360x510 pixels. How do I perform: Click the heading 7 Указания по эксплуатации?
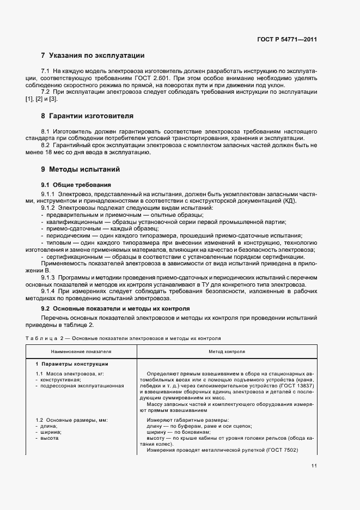tap(93, 56)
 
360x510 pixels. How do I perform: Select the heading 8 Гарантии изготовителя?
tap(87, 116)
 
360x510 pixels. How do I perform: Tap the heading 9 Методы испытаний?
tap(80, 169)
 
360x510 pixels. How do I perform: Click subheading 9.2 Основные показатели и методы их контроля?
tap(112, 309)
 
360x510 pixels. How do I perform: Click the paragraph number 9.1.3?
tap(48, 278)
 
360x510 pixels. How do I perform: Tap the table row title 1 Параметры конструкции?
tap(72, 363)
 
